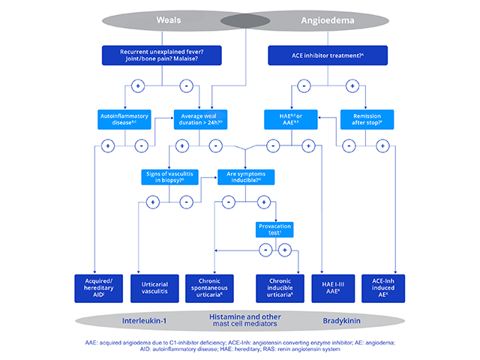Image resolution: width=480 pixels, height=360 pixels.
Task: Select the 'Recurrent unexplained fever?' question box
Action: point(161,55)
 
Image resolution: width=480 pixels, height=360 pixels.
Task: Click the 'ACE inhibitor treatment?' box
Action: point(328,55)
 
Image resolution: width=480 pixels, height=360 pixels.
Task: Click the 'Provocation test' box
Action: point(274,229)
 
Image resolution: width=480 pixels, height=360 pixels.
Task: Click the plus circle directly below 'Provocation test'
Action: point(284,250)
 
